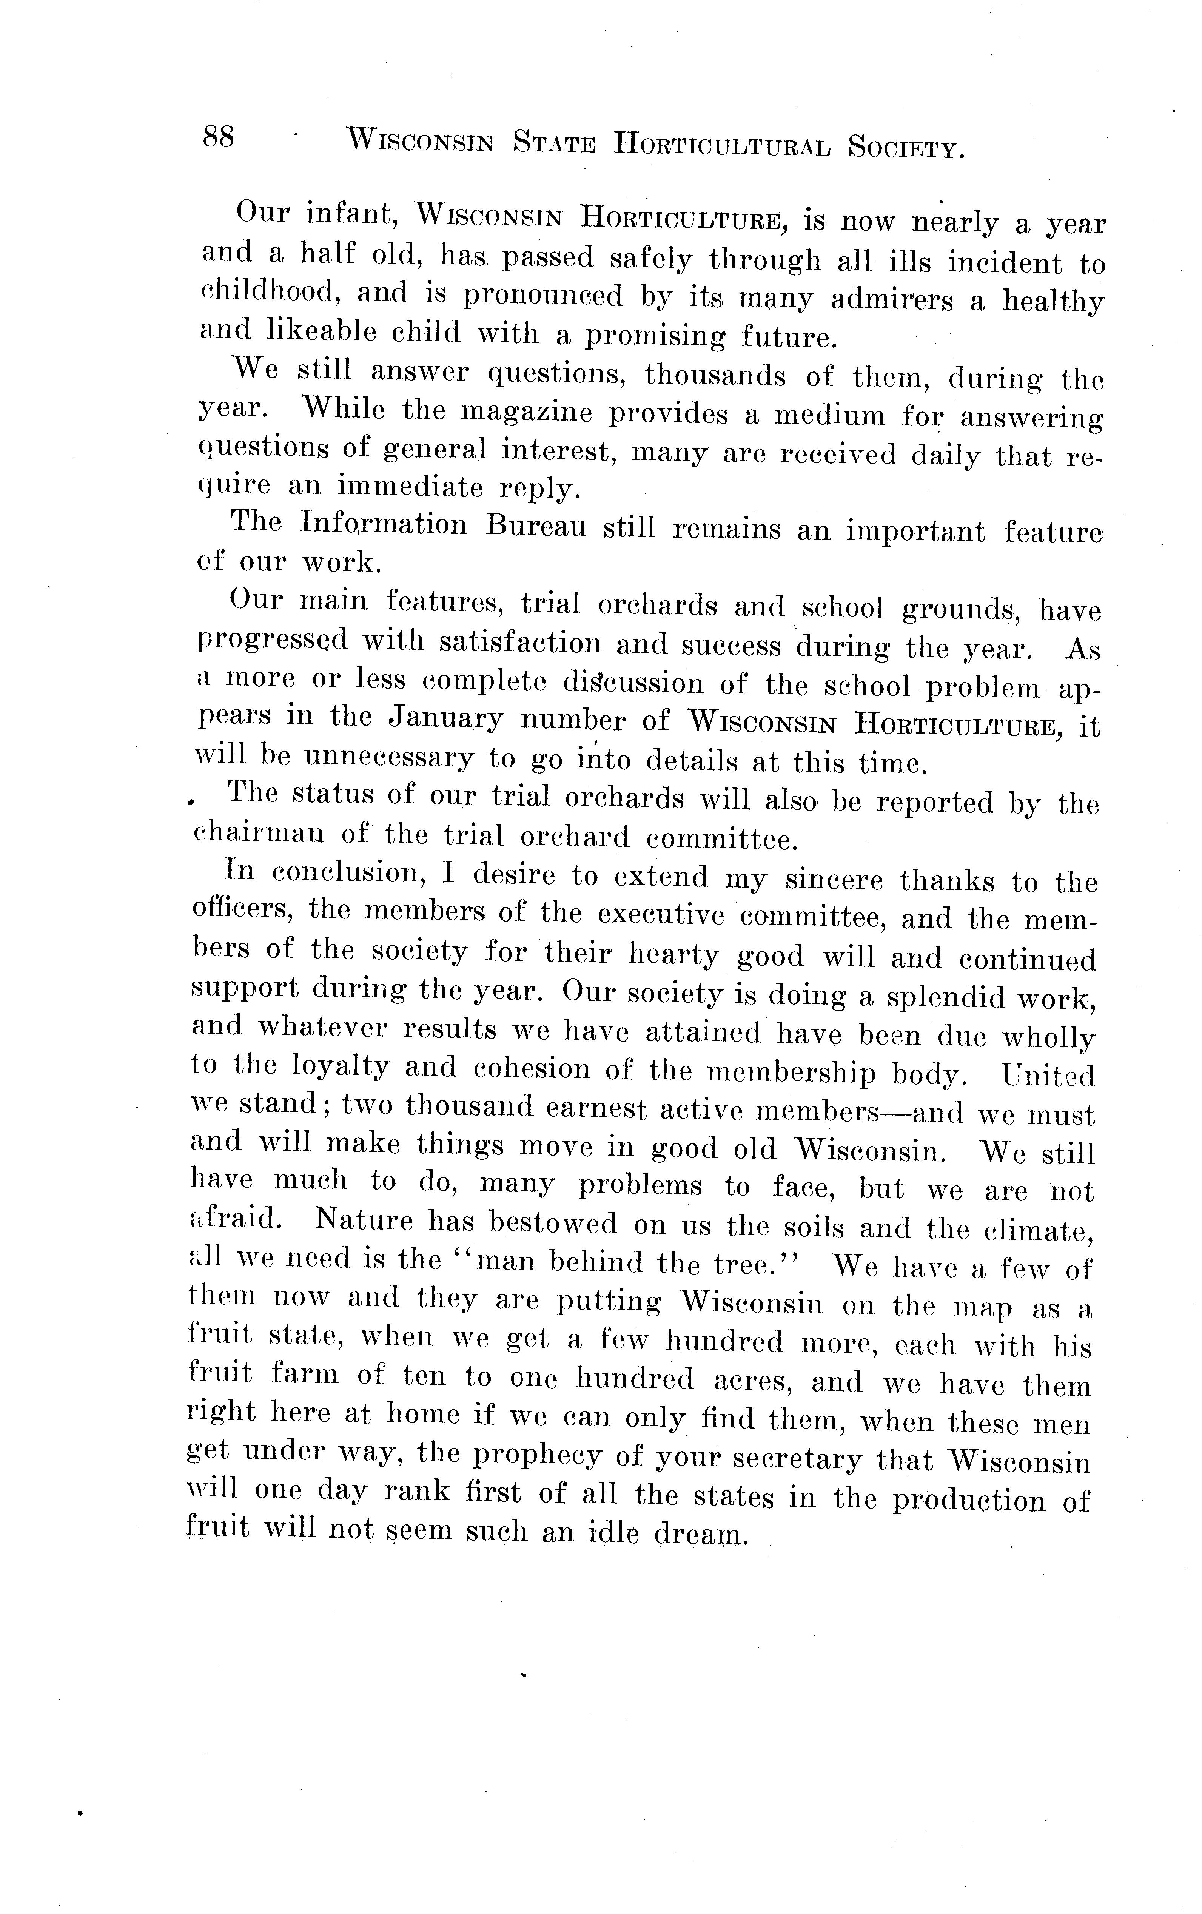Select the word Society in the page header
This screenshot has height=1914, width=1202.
click(x=906, y=147)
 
